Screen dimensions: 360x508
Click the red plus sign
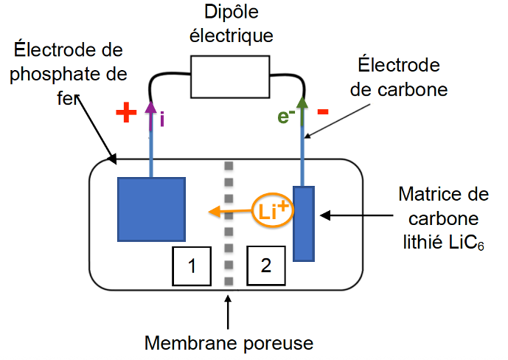pos(127,113)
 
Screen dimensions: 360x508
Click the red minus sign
pos(323,113)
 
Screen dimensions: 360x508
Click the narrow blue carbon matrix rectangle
pos(304,224)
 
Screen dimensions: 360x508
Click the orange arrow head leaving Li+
pos(213,212)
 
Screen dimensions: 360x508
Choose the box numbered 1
pos(191,266)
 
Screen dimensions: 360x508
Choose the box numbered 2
pos(265,266)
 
